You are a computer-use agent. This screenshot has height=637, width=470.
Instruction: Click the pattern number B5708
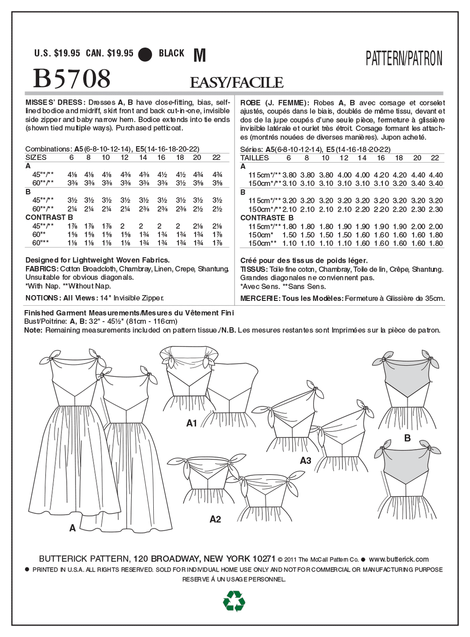pyautogui.click(x=72, y=79)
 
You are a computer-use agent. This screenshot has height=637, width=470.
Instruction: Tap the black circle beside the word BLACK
pyautogui.click(x=145, y=54)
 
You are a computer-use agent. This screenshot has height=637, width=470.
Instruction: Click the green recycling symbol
pyautogui.click(x=234, y=601)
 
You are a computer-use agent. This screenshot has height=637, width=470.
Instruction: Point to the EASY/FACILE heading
pyautogui.click(x=236, y=83)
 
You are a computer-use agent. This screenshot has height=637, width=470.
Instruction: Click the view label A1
pyautogui.click(x=191, y=423)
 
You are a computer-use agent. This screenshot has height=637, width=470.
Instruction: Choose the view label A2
pyautogui.click(x=215, y=519)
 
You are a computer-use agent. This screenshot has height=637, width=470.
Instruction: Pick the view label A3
pyautogui.click(x=306, y=461)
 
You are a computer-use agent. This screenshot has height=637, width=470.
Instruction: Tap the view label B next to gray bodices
pyautogui.click(x=407, y=438)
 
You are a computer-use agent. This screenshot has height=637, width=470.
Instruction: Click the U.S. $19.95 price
pyautogui.click(x=57, y=53)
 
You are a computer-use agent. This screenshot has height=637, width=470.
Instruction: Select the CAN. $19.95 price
pyautogui.click(x=110, y=53)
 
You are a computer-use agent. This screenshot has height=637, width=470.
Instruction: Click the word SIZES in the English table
pyautogui.click(x=36, y=158)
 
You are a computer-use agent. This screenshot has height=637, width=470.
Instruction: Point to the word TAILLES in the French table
pyautogui.click(x=254, y=158)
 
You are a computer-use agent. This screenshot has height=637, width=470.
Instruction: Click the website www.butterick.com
pyautogui.click(x=398, y=559)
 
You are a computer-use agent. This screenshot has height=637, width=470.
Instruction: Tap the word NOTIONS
pyautogui.click(x=42, y=298)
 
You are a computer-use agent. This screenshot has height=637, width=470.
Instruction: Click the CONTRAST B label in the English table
pyautogui.click(x=49, y=217)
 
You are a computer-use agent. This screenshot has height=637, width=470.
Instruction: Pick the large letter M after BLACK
pyautogui.click(x=200, y=55)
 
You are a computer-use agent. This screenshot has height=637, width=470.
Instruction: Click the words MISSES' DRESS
pyautogui.click(x=54, y=102)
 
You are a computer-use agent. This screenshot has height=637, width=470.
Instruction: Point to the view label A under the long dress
pyautogui.click(x=72, y=528)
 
